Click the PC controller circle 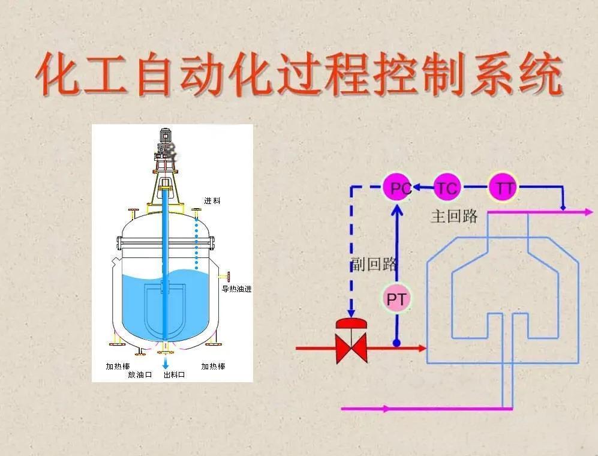(399, 188)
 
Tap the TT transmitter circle (504, 188)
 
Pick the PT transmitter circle (396, 299)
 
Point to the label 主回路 (454, 217)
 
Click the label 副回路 (374, 264)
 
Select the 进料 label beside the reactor (212, 201)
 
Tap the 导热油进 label (237, 289)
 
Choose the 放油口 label (140, 374)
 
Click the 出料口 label (175, 374)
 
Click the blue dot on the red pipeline (396, 344)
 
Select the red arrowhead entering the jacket (422, 347)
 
